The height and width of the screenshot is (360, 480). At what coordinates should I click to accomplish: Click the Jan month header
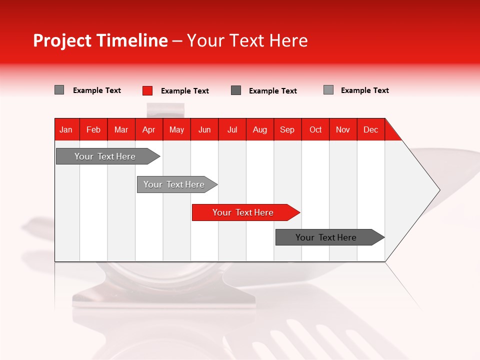66,129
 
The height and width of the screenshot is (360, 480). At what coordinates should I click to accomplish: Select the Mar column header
121,129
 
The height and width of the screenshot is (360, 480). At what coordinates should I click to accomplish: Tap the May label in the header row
176,129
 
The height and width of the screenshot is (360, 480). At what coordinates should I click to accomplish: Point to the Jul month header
232,129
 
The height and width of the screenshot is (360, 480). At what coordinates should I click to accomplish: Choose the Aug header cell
259,129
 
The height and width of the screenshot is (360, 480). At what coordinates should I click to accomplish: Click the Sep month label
287,129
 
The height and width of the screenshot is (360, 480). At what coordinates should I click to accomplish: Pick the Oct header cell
315,129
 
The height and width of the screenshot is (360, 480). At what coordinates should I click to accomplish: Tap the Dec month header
370,129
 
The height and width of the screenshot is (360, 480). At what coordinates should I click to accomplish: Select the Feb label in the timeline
93,129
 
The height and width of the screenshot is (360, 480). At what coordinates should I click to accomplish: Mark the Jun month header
204,129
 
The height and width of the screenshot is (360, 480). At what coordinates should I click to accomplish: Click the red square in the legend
147,90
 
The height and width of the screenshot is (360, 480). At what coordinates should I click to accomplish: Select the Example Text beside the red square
184,91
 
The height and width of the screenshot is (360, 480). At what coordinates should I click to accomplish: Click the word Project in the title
62,40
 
